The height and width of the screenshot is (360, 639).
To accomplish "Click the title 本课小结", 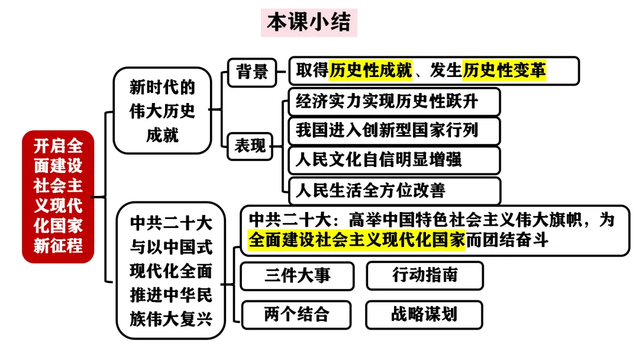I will pos(309,22).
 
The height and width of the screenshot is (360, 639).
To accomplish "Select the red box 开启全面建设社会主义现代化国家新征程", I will pos(58,196).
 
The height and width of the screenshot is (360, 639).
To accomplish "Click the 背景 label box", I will pos(253,72).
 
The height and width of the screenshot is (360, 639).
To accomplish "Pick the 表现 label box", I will pos(250,146).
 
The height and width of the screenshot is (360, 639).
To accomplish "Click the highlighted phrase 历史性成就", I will pos(371,71).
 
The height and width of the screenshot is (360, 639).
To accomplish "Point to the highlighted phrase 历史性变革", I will pos(505,71).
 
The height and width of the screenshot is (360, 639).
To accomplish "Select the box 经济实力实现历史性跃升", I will pos(394,101).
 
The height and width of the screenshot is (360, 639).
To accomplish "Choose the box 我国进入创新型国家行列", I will pos(394,130).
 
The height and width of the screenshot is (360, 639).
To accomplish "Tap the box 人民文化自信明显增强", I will pos(394,160).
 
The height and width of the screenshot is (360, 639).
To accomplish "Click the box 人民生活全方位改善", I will pos(394,190).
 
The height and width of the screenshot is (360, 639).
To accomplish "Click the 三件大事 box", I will pos(298,275).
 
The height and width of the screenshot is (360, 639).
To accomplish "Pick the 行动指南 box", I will pos(424,275).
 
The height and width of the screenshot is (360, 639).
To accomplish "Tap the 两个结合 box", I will pos(296,314).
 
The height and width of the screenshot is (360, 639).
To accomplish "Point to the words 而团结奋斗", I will pos(507,240).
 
